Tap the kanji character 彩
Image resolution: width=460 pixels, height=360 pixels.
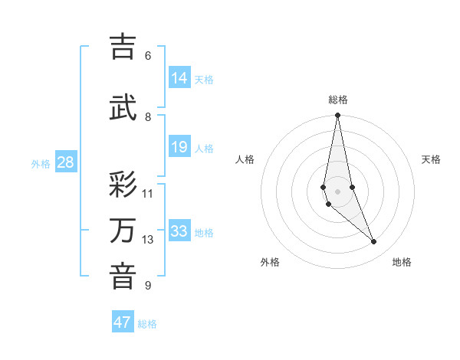tap(123, 185)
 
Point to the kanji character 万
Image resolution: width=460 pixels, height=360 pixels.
tap(123, 231)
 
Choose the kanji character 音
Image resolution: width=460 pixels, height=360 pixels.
tap(123, 277)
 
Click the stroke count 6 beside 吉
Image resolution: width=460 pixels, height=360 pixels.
tap(147, 56)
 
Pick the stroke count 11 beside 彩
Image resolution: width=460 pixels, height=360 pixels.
tap(148, 193)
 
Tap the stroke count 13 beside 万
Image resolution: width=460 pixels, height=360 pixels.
tap(148, 240)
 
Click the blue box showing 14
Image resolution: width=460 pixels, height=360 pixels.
tap(179, 77)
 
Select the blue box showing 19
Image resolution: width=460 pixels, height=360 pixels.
tap(179, 147)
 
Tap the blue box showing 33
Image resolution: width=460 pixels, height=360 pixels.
tap(179, 231)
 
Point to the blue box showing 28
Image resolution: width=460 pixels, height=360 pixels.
tap(65, 162)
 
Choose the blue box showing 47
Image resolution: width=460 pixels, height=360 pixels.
tap(123, 322)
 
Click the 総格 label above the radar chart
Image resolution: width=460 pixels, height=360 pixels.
tap(338, 100)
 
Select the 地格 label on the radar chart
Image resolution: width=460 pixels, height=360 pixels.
tap(402, 262)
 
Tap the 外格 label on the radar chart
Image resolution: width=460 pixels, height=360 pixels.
tap(270, 262)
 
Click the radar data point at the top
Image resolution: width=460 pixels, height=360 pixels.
tap(337, 116)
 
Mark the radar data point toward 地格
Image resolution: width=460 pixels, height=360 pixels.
tap(374, 242)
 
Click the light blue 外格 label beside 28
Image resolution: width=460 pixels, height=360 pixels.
tap(41, 163)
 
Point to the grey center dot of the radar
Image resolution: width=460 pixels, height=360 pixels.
tap(337, 191)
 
